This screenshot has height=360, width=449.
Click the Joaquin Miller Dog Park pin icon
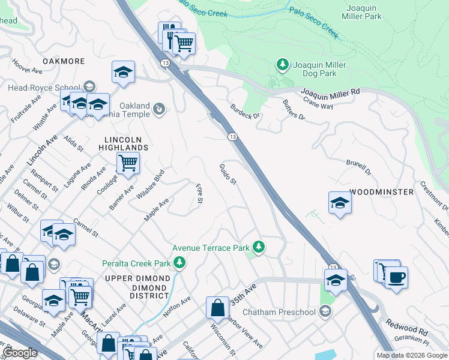click(x=281, y=64)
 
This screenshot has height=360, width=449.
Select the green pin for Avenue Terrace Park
click(x=259, y=247)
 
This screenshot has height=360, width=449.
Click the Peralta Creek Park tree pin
click(x=179, y=262)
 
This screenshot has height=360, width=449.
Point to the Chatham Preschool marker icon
click(x=325, y=311)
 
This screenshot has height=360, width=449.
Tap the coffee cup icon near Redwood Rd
click(x=397, y=278)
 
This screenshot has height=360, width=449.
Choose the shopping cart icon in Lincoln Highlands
click(x=128, y=162)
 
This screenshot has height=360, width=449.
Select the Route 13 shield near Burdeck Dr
click(x=232, y=137)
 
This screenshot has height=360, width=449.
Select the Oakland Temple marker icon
click(x=158, y=109)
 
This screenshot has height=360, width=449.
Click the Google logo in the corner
click(x=20, y=352)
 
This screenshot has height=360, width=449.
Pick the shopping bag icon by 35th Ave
click(x=217, y=307)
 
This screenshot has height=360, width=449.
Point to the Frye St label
click(x=200, y=193)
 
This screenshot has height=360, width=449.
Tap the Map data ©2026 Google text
click(x=411, y=355)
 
